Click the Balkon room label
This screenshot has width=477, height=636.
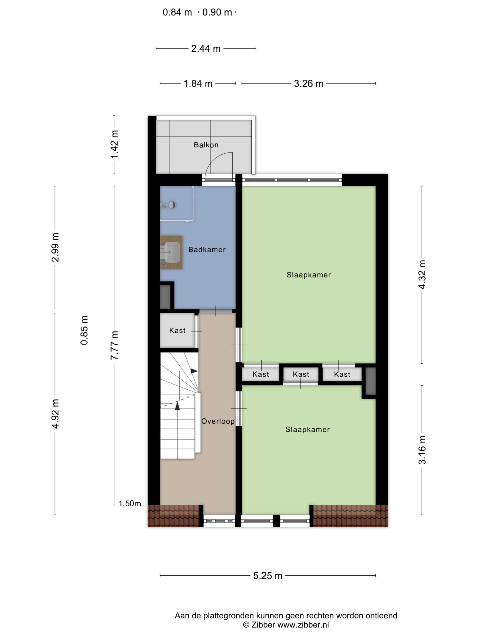[206, 145]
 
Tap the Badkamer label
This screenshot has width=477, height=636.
[207, 250]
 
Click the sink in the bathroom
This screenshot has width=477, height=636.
[172, 252]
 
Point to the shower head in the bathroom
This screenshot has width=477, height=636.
[172, 205]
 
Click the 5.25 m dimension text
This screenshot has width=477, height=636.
[268, 576]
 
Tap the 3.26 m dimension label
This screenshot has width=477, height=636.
[309, 84]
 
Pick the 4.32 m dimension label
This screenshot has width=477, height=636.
[422, 275]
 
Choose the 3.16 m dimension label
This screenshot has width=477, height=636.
[422, 450]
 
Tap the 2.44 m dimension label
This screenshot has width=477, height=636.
[206, 49]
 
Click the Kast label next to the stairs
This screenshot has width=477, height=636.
[177, 330]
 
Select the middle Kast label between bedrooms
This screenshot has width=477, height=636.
[301, 374]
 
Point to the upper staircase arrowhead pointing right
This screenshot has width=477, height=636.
[194, 371]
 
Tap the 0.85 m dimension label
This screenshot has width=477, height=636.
[84, 330]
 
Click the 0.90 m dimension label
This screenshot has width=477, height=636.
[217, 12]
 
